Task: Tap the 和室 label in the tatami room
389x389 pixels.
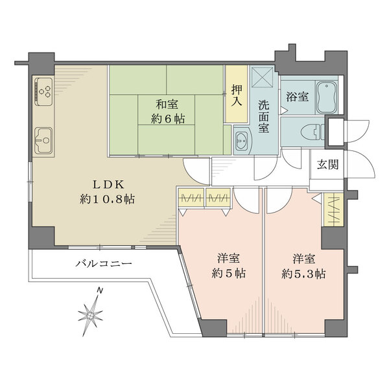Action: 167,103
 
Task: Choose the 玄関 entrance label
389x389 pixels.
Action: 327,164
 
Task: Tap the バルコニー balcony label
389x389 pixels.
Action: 104,265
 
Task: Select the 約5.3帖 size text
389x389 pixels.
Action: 303,273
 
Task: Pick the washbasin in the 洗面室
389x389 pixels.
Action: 242,138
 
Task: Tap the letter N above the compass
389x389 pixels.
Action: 98,290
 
